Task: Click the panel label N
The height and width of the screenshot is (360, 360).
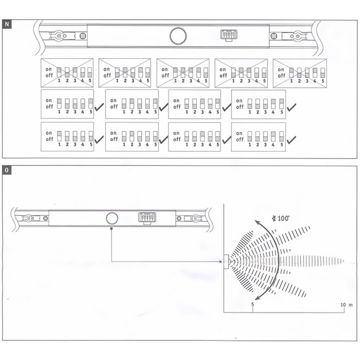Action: coord(7,24)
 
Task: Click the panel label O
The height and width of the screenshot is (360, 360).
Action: coord(7,170)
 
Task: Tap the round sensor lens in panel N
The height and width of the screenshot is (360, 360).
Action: coord(178,36)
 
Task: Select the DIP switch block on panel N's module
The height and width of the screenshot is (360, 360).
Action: coord(229,35)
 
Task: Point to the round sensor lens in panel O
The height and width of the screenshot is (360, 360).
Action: coord(112,218)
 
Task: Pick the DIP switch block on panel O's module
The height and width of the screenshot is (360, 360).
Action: coord(147,218)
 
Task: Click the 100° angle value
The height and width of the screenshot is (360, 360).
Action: coord(283,218)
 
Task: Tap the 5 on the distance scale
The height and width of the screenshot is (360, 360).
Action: coord(253,304)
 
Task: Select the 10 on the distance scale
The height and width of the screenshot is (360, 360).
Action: coord(343,305)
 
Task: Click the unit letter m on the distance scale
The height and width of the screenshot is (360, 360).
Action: coord(350,305)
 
